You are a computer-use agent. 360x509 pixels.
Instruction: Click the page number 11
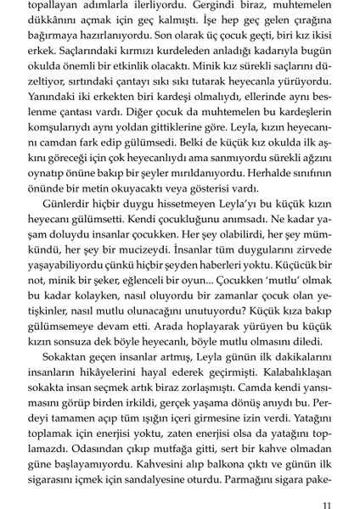click(338, 485)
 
